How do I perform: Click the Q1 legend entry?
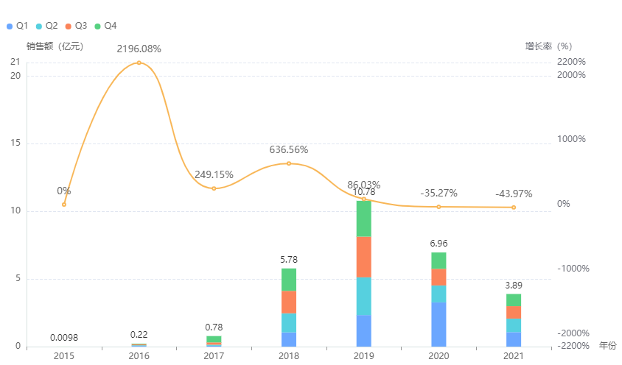17,26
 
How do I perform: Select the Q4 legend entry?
105,26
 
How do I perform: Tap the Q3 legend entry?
76,26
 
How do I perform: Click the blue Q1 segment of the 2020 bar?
438,324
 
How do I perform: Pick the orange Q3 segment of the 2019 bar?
364,257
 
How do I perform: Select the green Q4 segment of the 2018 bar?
289,280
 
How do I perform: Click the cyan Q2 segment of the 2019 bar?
364,297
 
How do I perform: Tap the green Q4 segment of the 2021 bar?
514,300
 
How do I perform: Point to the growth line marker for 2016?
139,63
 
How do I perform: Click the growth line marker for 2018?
289,163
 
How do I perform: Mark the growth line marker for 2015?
64,205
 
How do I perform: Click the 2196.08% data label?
139,49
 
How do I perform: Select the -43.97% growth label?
514,194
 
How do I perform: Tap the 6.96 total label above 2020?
438,243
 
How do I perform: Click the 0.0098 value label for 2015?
64,338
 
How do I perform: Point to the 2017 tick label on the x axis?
214,356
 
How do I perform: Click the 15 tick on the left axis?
15,143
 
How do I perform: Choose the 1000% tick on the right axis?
572,139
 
